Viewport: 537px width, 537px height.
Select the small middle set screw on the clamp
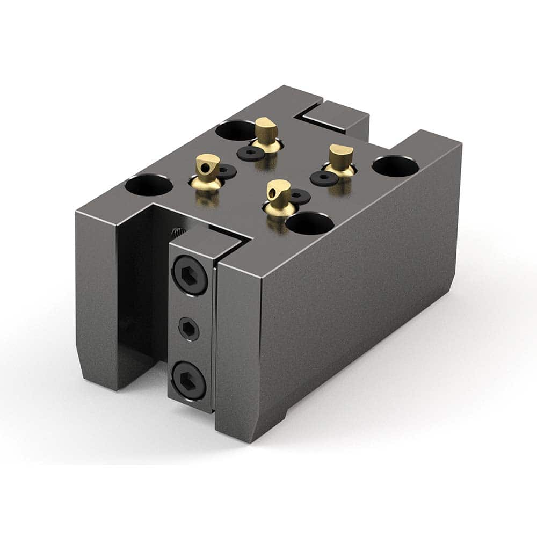pyautogui.click(x=188, y=329)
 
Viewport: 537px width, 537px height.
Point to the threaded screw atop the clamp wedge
pyautogui.click(x=177, y=233)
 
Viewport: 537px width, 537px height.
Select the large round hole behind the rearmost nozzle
pyautogui.click(x=235, y=129)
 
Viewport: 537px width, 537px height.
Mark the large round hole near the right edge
pyautogui.click(x=396, y=166)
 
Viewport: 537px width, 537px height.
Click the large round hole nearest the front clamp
pyautogui.click(x=310, y=222)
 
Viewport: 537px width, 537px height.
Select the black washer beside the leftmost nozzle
pyautogui.click(x=229, y=171)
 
